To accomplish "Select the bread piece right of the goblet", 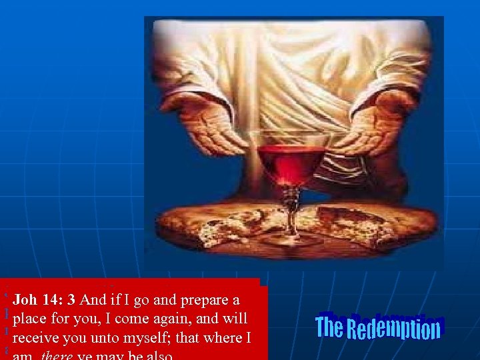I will click(x=360, y=223).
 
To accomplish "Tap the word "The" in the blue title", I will click(x=329, y=327).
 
